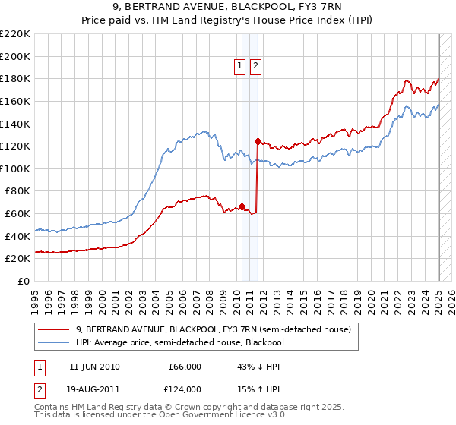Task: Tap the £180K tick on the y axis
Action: click(x=15, y=79)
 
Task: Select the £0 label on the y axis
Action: click(x=25, y=282)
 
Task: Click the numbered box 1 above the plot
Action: click(x=240, y=67)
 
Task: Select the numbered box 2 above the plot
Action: click(x=255, y=67)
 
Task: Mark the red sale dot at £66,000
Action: click(x=242, y=206)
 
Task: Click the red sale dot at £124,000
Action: click(x=258, y=141)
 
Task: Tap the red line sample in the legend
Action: click(x=55, y=330)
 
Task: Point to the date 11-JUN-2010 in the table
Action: click(x=94, y=367)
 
